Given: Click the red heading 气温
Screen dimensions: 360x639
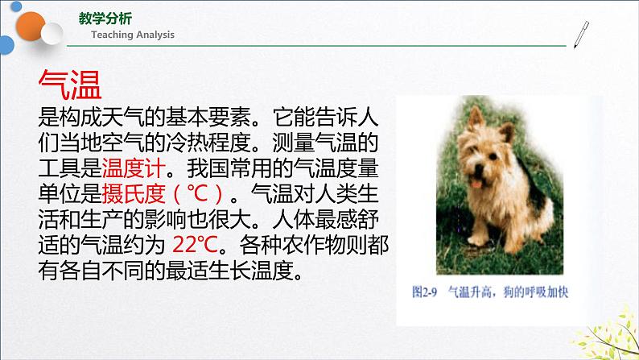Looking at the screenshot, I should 73,83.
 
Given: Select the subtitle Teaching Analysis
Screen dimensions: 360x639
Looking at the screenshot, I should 132,35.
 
